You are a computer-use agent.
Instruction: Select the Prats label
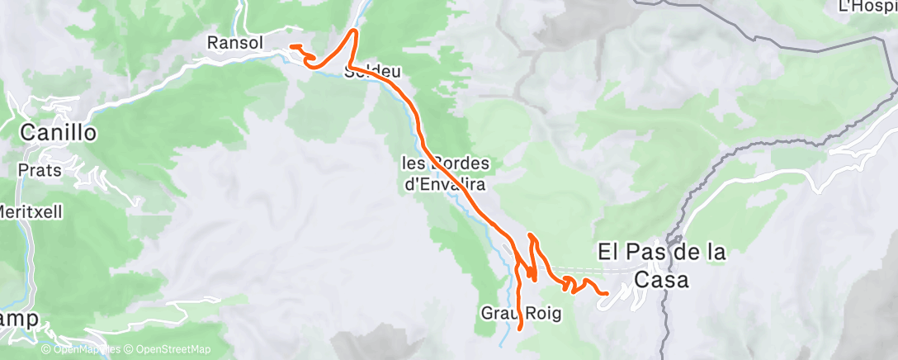point(35,170)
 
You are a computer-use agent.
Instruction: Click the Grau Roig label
point(510,313)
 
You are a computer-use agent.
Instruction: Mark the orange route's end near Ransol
point(291,45)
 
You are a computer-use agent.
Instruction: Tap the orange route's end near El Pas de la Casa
point(607,293)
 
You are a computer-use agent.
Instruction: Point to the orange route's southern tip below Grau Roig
point(519,329)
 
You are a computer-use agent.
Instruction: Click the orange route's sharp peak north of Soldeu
point(355,31)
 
